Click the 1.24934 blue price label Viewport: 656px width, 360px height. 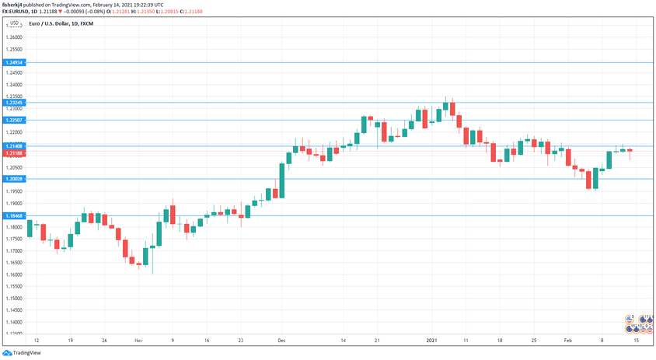pyautogui.click(x=13, y=61)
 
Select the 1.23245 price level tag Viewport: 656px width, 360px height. pyautogui.click(x=13, y=103)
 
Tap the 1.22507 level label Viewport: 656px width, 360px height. pyautogui.click(x=13, y=120)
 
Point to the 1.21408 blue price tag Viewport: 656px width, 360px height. pyautogui.click(x=13, y=146)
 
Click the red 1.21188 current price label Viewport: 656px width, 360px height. pyautogui.click(x=13, y=153)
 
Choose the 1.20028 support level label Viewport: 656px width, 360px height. pyautogui.click(x=13, y=179)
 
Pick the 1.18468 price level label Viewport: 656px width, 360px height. pyautogui.click(x=13, y=215)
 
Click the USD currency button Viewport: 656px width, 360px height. pyautogui.click(x=13, y=24)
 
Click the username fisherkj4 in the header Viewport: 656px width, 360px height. pyautogui.click(x=16, y=5)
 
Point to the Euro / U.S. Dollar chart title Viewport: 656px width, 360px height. pyautogui.click(x=55, y=25)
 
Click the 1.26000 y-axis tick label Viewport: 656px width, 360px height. pyautogui.click(x=13, y=37)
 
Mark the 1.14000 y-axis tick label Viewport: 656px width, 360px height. pyautogui.click(x=13, y=322)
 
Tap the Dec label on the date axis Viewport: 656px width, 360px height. pyautogui.click(x=281, y=341)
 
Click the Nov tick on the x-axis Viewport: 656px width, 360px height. pyautogui.click(x=138, y=341)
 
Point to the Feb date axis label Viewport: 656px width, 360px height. pyautogui.click(x=569, y=341)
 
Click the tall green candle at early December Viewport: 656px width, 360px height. pyautogui.click(x=282, y=180)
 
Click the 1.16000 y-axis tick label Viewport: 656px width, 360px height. pyautogui.click(x=13, y=274)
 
